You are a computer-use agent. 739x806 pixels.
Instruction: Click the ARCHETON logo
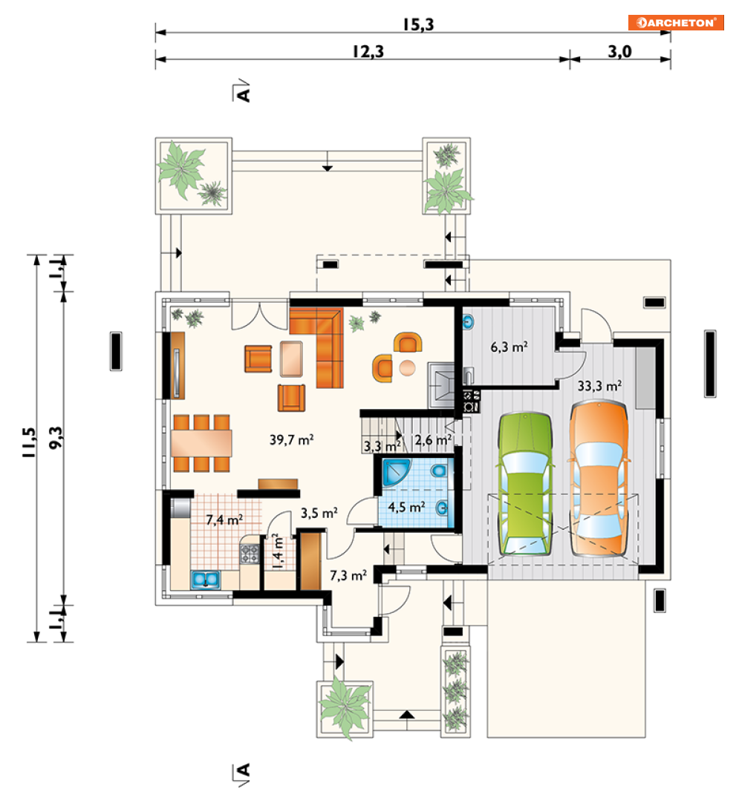676,22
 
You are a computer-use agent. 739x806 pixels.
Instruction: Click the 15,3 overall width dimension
418,24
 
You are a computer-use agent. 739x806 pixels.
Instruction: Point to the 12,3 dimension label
368,51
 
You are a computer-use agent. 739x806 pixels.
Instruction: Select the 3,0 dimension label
619,51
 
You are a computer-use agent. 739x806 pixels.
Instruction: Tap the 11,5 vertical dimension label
29,442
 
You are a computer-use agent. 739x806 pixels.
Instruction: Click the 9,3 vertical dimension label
56,437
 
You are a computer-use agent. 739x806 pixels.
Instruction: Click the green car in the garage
525,484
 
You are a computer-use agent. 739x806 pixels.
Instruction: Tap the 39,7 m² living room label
292,439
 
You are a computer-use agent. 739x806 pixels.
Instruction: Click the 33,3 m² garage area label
599,385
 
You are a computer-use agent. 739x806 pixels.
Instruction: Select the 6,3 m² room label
509,347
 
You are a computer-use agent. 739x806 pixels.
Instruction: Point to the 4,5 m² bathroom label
406,507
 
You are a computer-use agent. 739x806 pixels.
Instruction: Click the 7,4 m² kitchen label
224,520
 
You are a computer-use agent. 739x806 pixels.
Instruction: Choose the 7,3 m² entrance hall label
348,575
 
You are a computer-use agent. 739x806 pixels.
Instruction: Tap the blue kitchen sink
206,580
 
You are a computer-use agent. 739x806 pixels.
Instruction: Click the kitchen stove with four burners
250,554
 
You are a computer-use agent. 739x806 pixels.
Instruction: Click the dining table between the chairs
201,443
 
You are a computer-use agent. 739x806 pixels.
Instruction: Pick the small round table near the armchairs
407,368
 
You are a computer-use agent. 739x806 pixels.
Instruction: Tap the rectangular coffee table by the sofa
291,358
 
